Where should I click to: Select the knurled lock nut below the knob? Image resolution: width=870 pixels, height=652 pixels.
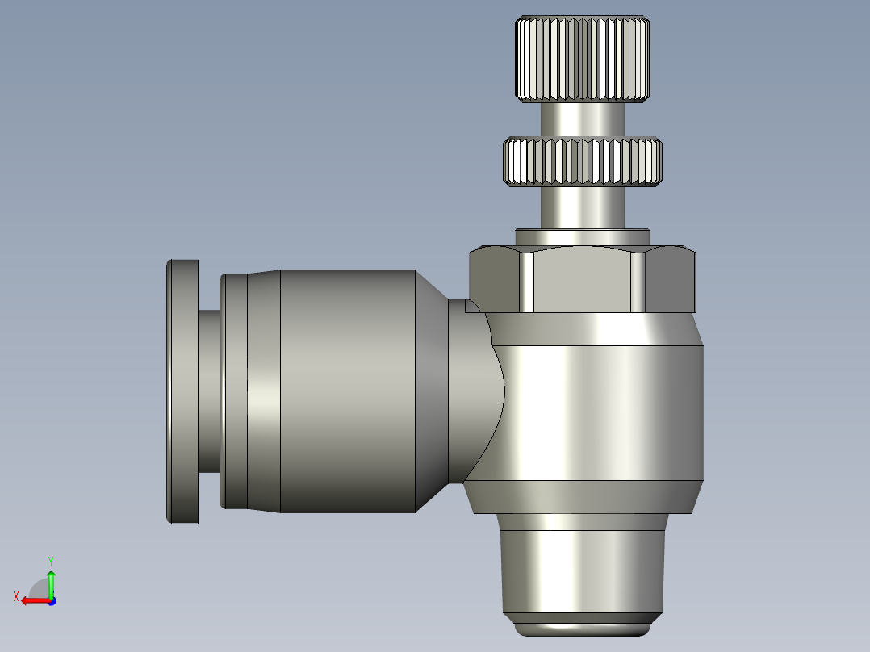pyautogui.click(x=583, y=161)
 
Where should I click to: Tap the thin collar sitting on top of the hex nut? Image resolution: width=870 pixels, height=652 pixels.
pyautogui.click(x=583, y=236)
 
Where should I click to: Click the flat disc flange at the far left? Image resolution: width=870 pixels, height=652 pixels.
pyautogui.click(x=182, y=391)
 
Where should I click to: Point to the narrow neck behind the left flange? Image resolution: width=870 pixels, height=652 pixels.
pyautogui.click(x=208, y=391)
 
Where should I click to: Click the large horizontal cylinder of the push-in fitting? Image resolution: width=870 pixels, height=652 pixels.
pyautogui.click(x=347, y=391)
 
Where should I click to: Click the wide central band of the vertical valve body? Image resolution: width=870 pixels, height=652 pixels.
pyautogui.click(x=601, y=412)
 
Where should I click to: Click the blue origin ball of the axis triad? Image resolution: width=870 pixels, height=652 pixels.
pyautogui.click(x=51, y=600)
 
